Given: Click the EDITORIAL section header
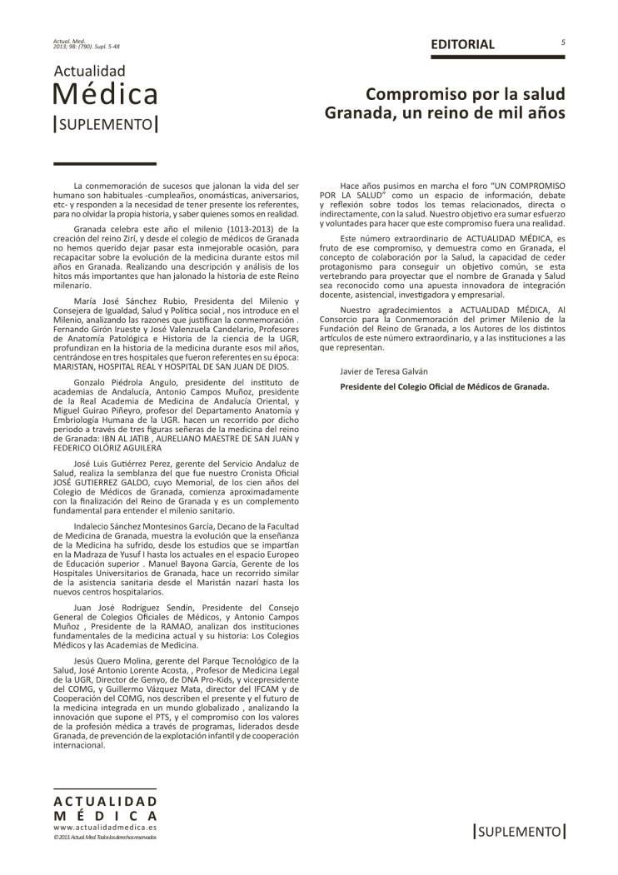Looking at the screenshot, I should tap(462, 44).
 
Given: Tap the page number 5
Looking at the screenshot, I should tap(563, 42).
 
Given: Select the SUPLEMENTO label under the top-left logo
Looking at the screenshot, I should tap(105, 124).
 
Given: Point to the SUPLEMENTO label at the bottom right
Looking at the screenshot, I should tap(519, 831).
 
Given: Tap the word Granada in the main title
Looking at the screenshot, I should tap(355, 111).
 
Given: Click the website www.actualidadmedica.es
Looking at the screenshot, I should tap(104, 828).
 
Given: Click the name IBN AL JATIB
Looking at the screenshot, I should tap(119, 438).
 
